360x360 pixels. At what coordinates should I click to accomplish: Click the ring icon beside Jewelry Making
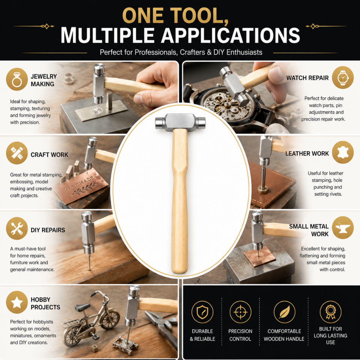click(x=17, y=79)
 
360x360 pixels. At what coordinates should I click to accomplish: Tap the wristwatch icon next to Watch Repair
click(x=342, y=78)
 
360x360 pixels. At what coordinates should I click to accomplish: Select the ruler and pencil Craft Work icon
click(x=17, y=153)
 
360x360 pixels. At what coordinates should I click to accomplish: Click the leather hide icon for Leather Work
click(x=342, y=152)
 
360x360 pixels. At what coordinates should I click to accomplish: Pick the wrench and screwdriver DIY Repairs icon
click(x=17, y=228)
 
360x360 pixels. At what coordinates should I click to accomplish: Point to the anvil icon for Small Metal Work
click(x=342, y=228)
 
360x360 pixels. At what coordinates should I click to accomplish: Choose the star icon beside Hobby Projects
click(x=17, y=302)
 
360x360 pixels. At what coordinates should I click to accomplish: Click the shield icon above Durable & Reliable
click(x=202, y=312)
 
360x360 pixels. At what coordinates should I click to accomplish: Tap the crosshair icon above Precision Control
click(x=240, y=312)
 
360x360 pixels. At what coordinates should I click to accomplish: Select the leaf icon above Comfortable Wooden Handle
click(x=284, y=312)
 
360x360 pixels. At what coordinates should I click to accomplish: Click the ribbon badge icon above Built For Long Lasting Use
click(x=330, y=312)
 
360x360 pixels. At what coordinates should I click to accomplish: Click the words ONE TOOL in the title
click(x=175, y=16)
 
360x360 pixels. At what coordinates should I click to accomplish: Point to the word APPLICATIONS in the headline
click(x=231, y=35)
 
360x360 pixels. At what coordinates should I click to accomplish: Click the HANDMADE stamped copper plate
click(x=81, y=186)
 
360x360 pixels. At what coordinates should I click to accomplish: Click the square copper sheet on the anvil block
click(x=259, y=256)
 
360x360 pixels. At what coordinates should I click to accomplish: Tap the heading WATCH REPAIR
click(x=307, y=78)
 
